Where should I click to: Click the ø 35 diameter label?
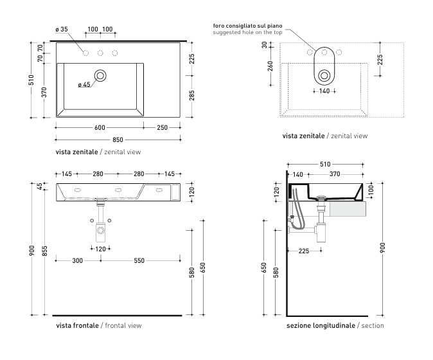[62, 30]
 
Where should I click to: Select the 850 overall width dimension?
[118, 139]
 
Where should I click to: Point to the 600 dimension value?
[100, 127]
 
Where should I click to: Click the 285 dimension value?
[191, 96]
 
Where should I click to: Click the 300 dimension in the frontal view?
[77, 260]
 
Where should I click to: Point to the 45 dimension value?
[39, 186]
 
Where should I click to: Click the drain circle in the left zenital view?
[100, 76]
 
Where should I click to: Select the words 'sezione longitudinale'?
[320, 326]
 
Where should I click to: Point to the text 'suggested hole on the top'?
[249, 32]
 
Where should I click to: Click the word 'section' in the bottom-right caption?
[373, 326]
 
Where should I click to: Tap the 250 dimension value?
[162, 127]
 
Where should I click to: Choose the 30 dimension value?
[265, 45]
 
